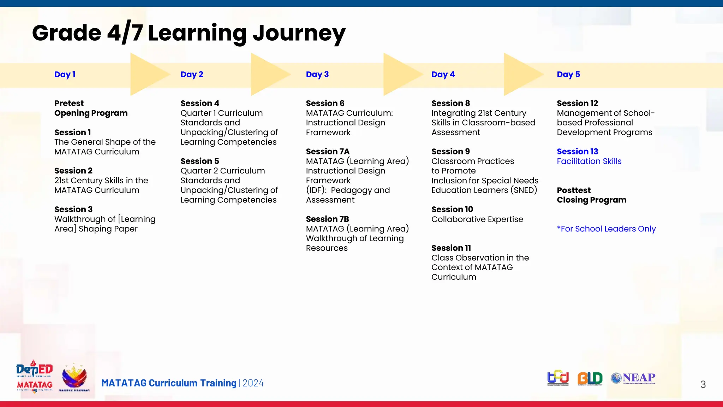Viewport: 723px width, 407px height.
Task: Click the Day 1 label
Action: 65,75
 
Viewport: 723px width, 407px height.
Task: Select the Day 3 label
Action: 317,75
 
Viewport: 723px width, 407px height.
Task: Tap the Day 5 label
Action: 568,75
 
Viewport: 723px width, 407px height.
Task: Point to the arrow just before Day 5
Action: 522,75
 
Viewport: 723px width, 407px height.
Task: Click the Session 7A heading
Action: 327,152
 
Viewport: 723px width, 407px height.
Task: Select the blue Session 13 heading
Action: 577,152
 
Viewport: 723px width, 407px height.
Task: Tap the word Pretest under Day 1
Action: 69,104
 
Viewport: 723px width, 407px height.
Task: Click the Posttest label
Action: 573,190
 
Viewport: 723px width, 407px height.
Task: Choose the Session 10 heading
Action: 452,210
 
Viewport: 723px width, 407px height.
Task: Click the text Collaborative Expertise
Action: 477,219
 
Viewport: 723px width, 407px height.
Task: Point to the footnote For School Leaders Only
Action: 606,229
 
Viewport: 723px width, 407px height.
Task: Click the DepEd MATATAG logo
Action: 34,377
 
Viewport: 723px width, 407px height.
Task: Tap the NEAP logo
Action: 633,378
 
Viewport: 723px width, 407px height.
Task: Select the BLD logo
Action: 590,378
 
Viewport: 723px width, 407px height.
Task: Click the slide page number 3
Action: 703,384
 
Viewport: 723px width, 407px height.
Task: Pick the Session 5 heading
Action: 199,161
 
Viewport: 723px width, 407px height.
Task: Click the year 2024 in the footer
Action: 253,383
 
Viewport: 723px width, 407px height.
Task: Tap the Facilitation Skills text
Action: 589,161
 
